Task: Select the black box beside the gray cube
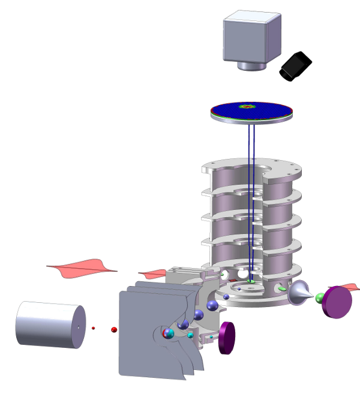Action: pos(296,67)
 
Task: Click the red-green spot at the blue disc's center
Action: pos(247,108)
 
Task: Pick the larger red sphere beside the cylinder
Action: pos(113,330)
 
